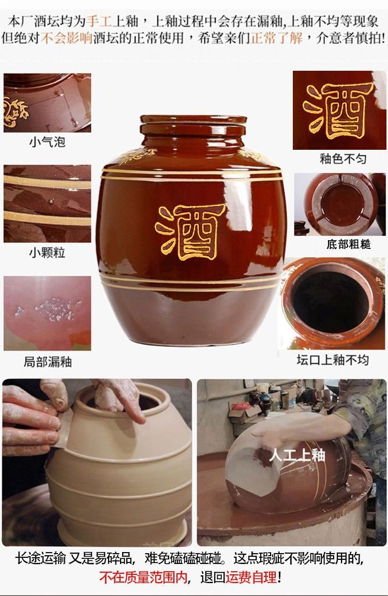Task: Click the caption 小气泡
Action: click(x=47, y=142)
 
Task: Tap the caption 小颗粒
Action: click(x=47, y=252)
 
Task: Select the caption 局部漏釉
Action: click(x=48, y=362)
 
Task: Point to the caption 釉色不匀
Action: click(x=343, y=159)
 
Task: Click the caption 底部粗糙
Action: click(x=348, y=244)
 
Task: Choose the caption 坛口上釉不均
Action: click(x=333, y=359)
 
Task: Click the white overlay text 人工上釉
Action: click(x=297, y=454)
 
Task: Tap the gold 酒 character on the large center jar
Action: click(x=190, y=232)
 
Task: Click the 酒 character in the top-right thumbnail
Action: click(x=338, y=110)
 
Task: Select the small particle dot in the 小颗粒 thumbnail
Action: click(x=51, y=201)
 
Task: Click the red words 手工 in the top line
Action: click(x=99, y=21)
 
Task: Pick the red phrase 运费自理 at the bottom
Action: click(x=251, y=577)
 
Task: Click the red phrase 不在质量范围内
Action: click(x=143, y=577)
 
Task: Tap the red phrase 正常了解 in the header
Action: click(x=277, y=38)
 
